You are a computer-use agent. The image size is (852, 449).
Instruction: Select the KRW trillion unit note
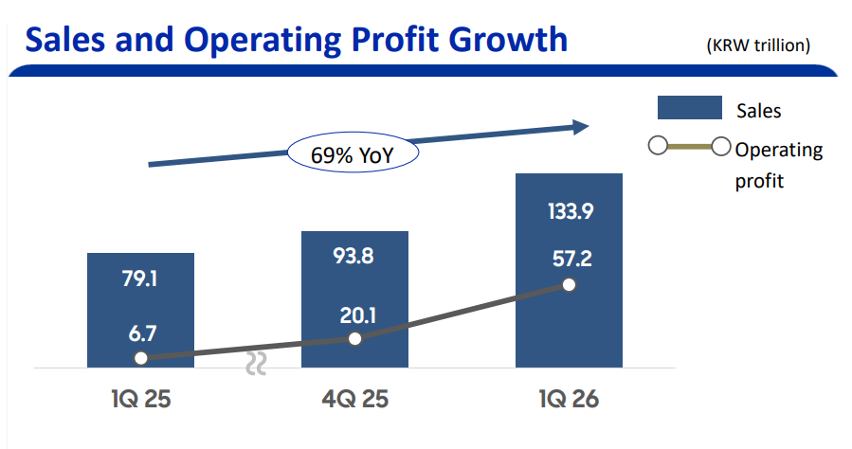tap(758, 45)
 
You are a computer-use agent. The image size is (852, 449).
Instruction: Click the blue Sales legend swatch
tap(689, 109)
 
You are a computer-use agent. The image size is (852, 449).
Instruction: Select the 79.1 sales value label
tap(140, 280)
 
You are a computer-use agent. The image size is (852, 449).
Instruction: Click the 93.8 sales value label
tap(354, 257)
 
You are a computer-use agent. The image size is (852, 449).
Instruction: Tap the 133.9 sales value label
tap(570, 212)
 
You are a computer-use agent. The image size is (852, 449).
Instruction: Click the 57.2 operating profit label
tap(570, 258)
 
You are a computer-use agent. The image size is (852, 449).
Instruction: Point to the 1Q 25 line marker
tap(140, 358)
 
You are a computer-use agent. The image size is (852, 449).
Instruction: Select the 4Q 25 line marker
tap(354, 338)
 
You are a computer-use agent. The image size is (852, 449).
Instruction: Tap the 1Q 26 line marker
tap(569, 284)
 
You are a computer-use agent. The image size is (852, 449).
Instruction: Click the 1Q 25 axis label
tap(139, 398)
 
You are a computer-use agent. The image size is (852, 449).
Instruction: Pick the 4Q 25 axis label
tap(354, 398)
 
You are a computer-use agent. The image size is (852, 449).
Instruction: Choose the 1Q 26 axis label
tap(569, 398)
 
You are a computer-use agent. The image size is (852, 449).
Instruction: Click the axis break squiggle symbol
tap(256, 365)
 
